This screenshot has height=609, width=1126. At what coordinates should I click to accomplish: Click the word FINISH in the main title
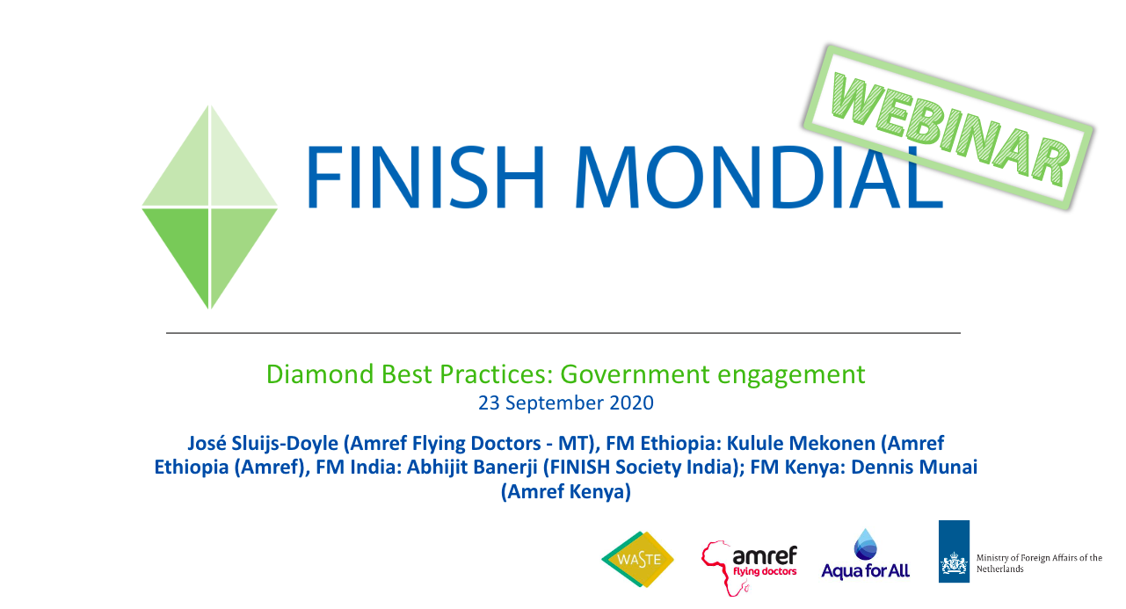point(425,177)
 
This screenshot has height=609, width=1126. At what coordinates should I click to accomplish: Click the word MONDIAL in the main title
point(759,177)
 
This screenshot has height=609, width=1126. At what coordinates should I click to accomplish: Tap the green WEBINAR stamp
point(948,127)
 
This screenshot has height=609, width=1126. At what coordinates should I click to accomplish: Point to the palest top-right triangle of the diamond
point(236,166)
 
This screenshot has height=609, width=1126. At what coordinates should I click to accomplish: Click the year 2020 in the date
point(631,403)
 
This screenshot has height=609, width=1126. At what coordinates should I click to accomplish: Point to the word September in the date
point(555,404)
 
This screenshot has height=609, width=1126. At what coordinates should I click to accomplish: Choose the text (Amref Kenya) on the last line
point(565,491)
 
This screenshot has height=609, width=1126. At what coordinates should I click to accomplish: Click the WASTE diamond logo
point(638,559)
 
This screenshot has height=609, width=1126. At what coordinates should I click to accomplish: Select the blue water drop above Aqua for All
point(865,544)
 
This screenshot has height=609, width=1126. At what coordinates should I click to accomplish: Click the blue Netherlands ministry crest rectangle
point(954,551)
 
